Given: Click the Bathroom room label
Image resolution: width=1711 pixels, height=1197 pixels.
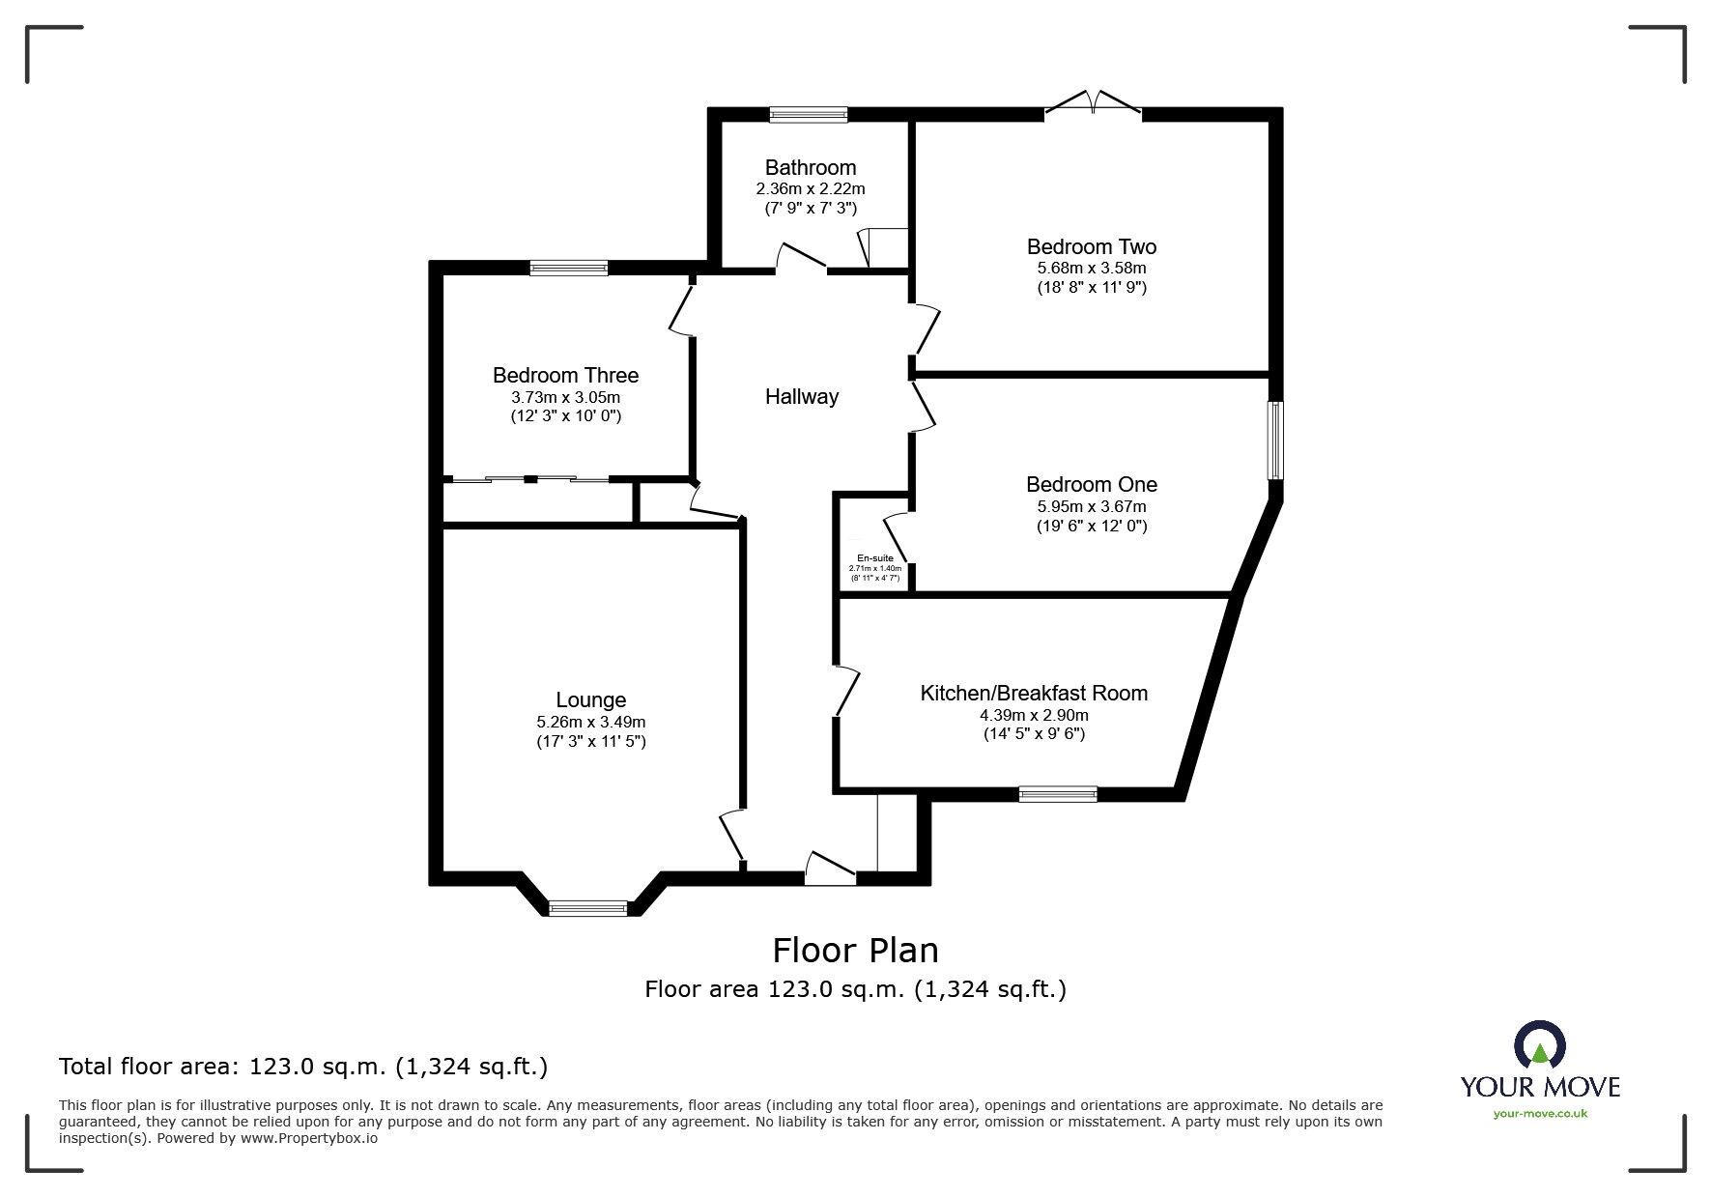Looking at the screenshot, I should pyautogui.click(x=810, y=168).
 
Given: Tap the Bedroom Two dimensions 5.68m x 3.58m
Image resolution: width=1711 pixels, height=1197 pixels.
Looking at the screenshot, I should pyautogui.click(x=1091, y=268).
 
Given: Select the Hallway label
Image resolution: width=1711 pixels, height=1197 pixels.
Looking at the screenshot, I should pyautogui.click(x=801, y=396).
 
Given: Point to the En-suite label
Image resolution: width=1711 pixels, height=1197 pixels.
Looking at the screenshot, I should pyautogui.click(x=874, y=558).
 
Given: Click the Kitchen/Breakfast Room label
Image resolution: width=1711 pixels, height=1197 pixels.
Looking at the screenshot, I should pyautogui.click(x=1033, y=693).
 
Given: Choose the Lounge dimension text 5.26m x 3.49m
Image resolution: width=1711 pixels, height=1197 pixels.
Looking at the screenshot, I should pyautogui.click(x=590, y=722).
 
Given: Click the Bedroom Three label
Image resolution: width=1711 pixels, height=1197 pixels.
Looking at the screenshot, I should pyautogui.click(x=565, y=375).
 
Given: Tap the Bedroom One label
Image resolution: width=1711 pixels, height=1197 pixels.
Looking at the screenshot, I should pyautogui.click(x=1091, y=484).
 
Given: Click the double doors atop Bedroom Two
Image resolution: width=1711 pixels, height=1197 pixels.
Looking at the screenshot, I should pyautogui.click(x=1093, y=104).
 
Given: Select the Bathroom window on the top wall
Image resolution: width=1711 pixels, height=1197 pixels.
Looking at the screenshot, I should pyautogui.click(x=809, y=115).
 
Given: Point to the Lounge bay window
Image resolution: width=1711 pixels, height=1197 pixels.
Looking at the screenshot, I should pyautogui.click(x=587, y=907).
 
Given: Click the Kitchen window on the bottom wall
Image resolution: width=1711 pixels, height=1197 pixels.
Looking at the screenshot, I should pyautogui.click(x=1057, y=794).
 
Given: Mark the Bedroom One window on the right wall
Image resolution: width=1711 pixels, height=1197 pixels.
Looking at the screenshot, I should pyautogui.click(x=1276, y=440).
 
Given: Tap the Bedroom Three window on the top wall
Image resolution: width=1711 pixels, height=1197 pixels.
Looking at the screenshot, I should pyautogui.click(x=568, y=268).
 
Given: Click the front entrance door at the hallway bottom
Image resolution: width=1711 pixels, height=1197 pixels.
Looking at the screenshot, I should pyautogui.click(x=830, y=871).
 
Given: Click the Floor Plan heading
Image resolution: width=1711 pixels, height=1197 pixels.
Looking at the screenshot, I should pyautogui.click(x=854, y=951).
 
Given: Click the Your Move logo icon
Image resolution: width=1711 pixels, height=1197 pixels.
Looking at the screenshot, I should pyautogui.click(x=1540, y=1045).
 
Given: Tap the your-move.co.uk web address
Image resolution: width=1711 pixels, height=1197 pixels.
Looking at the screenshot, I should pyautogui.click(x=1540, y=1114).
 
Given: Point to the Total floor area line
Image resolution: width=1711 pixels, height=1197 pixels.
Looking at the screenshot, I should pyautogui.click(x=303, y=1067).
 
